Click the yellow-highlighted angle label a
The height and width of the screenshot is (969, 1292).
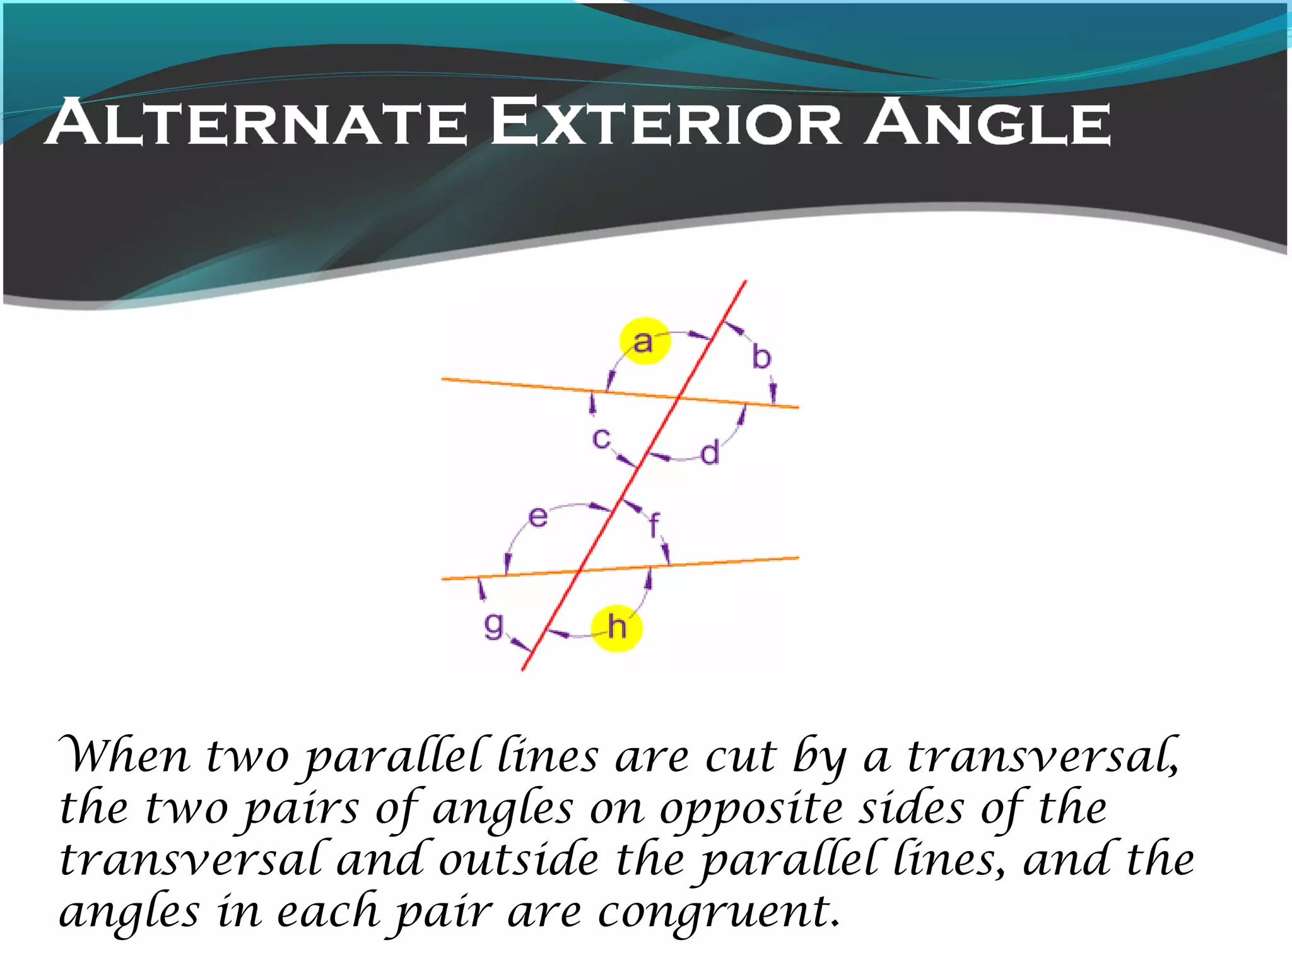click(x=643, y=341)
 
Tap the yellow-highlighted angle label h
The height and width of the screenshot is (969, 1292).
click(x=616, y=628)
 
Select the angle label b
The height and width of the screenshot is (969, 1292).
click(x=761, y=357)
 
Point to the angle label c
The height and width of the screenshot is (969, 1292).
click(x=601, y=438)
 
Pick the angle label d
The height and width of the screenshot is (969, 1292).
click(x=710, y=452)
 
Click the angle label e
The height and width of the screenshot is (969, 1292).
click(x=537, y=517)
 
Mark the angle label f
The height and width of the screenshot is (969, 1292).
click(x=654, y=524)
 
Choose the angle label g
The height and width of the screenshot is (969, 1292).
click(x=493, y=626)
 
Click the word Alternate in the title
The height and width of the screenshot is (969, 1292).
click(x=256, y=122)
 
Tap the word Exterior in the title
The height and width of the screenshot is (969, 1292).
click(x=666, y=122)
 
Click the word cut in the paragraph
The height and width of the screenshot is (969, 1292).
click(x=740, y=756)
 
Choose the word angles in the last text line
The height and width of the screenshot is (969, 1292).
click(x=130, y=913)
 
